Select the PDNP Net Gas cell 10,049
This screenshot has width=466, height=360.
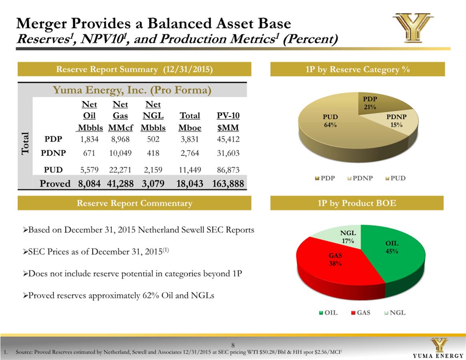[120, 153]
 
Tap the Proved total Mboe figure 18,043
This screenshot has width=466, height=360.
[190, 184]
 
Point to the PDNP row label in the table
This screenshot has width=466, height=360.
[53, 153]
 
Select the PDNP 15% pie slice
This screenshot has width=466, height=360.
[394, 120]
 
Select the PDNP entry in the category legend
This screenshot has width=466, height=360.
[359, 178]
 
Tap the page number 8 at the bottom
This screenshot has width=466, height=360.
[233, 345]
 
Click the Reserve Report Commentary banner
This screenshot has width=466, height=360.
[134, 203]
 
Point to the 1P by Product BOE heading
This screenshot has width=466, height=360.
[357, 203]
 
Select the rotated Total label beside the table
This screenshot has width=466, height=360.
[25, 143]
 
